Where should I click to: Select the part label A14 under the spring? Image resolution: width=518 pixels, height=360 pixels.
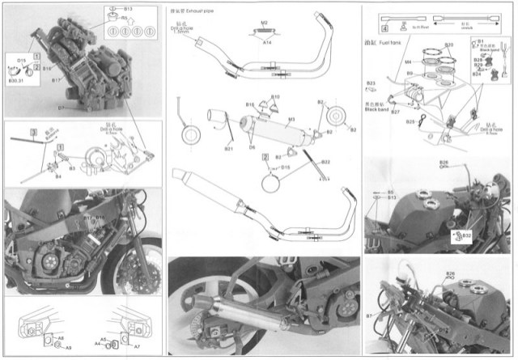click(x=266, y=39)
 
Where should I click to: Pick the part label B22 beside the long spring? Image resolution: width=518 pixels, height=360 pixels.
click(x=325, y=162)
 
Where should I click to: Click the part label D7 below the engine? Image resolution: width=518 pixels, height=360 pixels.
click(x=62, y=105)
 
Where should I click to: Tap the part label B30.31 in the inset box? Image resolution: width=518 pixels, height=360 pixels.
click(x=15, y=80)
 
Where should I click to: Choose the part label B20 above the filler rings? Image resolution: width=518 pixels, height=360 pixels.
click(x=449, y=46)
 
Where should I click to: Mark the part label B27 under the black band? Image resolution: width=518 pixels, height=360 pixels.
click(x=396, y=112)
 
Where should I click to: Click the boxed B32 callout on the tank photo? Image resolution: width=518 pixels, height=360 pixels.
click(x=466, y=235)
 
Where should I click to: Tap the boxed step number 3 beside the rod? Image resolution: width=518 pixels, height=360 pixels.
click(x=32, y=129)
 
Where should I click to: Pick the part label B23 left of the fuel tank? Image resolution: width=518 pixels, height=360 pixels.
click(x=372, y=83)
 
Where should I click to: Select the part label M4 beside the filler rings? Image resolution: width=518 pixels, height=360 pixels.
click(x=410, y=60)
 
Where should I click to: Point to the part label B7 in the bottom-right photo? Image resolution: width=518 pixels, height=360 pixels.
click(x=369, y=309)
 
